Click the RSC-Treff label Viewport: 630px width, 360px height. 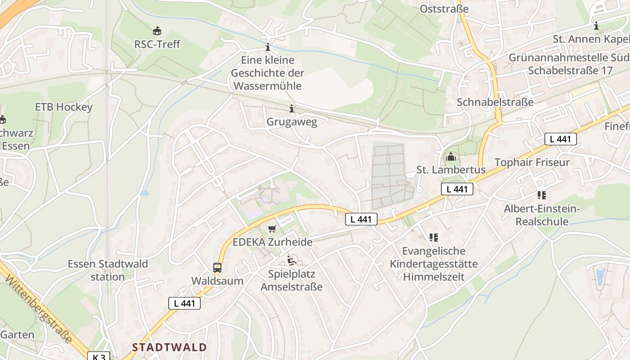coord(157,44)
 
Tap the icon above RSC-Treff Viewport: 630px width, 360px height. coord(157,31)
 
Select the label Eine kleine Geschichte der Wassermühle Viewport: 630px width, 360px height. coord(268,73)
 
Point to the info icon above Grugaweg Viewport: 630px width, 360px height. coord(292,108)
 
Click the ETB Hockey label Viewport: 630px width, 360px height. coord(64,107)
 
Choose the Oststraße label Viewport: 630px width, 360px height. coord(444,9)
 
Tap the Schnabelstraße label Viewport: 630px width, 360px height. coord(495,102)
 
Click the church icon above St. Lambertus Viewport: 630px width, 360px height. coord(450,157)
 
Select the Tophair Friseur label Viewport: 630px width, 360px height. coord(532,162)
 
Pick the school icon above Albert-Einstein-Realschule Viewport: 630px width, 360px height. coord(541,195)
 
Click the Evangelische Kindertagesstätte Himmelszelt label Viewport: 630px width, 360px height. coord(434,264)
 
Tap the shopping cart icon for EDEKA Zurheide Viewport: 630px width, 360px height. coord(272,229)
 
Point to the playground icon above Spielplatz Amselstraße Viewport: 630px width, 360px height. coord(291,261)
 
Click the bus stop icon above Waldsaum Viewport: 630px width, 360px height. coord(217,268)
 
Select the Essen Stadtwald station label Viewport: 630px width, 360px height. coord(108,270)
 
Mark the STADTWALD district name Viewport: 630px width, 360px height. coord(169,347)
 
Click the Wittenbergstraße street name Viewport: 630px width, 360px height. coord(40,310)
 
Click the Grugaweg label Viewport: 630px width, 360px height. coord(292,122)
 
